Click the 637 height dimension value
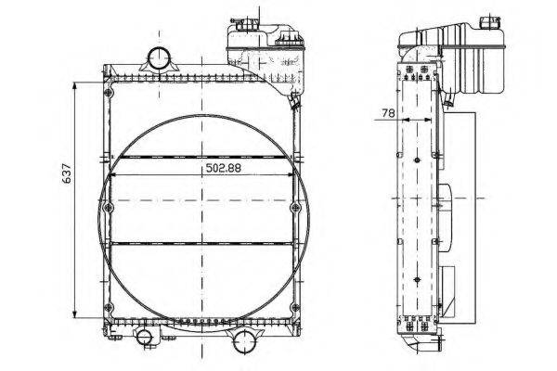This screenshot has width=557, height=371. (67, 173)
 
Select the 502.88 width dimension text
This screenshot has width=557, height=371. (223, 168)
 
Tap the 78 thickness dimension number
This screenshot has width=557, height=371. (388, 113)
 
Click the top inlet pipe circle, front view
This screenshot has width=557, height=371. (159, 58)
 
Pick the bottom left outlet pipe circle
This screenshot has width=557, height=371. (144, 337)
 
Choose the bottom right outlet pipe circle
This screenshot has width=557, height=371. (244, 340)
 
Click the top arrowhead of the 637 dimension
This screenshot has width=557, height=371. (74, 85)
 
